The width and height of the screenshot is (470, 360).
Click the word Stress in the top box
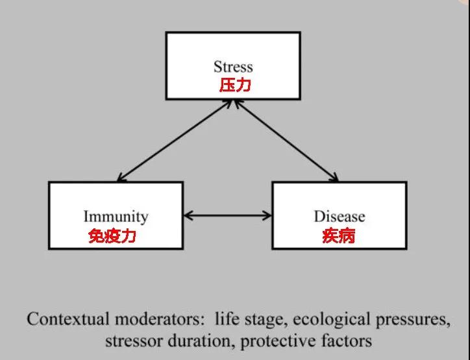(233, 67)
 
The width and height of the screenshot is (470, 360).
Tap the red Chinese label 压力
(235, 86)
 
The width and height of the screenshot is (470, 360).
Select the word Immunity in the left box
(116, 217)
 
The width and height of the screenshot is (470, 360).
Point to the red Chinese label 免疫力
(112, 235)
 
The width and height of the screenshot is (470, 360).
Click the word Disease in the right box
(340, 217)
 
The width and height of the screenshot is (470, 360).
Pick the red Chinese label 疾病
(339, 235)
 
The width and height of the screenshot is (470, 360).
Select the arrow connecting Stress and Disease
(286, 141)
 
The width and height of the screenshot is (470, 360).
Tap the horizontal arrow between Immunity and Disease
(227, 215)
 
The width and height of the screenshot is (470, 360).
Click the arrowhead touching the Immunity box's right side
(188, 215)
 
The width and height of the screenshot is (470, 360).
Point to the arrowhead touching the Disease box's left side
(267, 215)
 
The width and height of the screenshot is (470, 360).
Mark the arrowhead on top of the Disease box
(334, 178)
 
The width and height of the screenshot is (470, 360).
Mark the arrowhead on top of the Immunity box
(121, 178)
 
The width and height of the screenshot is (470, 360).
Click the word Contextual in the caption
(68, 319)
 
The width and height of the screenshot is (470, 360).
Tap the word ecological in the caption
(331, 320)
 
